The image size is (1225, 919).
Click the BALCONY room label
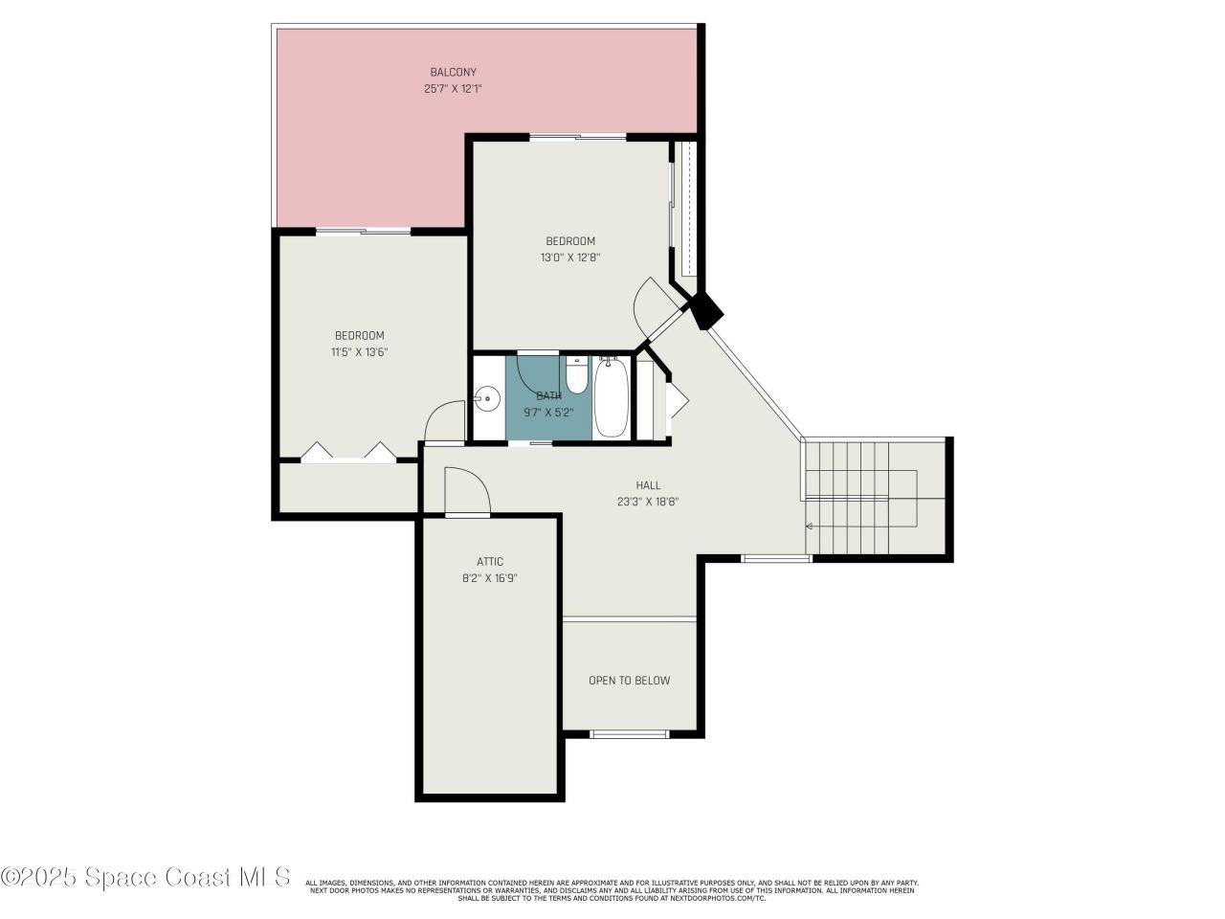click(x=453, y=72)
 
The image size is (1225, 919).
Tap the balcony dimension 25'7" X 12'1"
click(x=453, y=89)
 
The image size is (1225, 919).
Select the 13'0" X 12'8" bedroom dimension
click(x=570, y=258)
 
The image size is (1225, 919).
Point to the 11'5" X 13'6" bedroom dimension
click(x=359, y=352)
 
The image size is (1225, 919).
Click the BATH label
click(x=548, y=395)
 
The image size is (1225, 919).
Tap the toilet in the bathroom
click(x=576, y=376)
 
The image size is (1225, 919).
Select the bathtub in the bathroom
click(x=612, y=396)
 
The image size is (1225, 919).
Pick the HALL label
click(x=648, y=485)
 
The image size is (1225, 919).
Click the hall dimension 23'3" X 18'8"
click(x=648, y=502)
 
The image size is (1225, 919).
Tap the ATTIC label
click(x=490, y=562)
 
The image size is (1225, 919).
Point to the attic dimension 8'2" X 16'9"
click(x=490, y=578)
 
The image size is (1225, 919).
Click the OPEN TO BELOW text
click(x=629, y=681)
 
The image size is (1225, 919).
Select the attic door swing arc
click(x=469, y=490)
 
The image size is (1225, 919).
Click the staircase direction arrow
click(x=809, y=526)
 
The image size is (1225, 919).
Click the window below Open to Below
click(x=629, y=734)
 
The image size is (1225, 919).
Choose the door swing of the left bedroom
click(x=445, y=423)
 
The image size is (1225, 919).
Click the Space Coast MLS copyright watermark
click(x=145, y=877)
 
